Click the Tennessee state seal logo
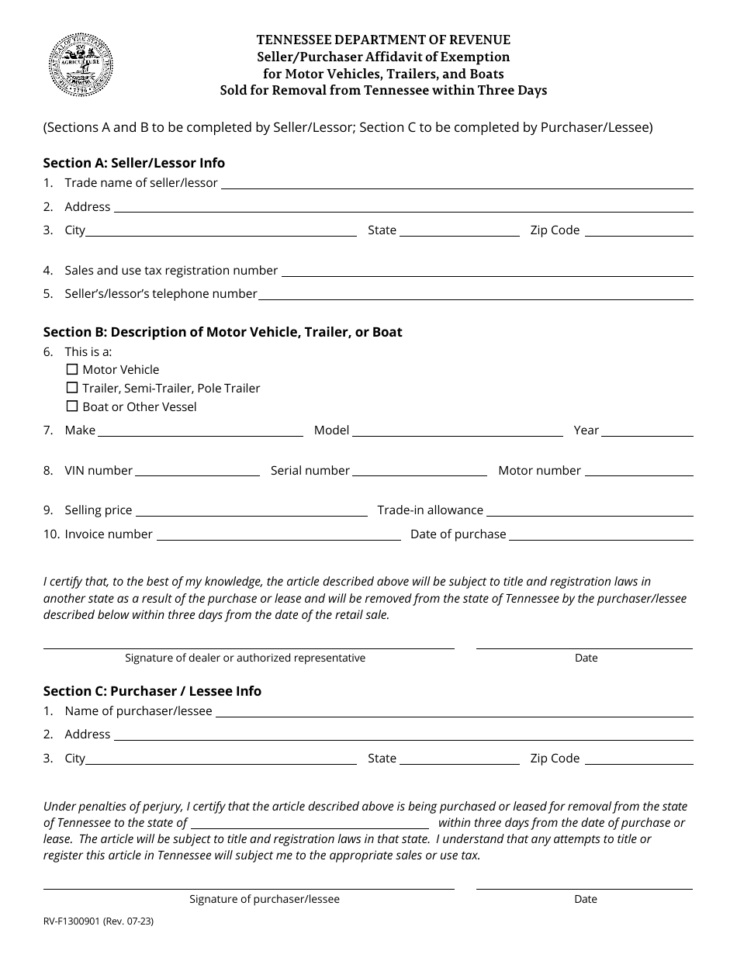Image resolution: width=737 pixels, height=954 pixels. pos(81,65)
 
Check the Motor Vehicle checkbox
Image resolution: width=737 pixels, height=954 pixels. pos(72,370)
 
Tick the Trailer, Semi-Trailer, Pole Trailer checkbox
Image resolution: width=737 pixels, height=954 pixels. pos(72,388)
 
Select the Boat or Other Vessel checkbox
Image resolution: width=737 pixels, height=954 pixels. pos(72,406)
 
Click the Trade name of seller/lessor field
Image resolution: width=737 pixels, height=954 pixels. pos(457,183)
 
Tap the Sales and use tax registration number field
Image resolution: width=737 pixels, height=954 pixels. pos(486,270)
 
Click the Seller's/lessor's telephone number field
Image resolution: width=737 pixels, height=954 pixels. pos(475,293)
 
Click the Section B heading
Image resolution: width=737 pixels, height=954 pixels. pos(223,332)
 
